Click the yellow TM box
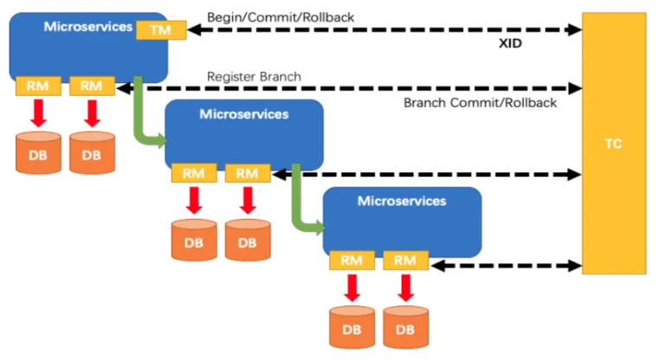(x=161, y=30)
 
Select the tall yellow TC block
(x=614, y=144)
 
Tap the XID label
(x=510, y=43)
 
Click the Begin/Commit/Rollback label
(x=280, y=17)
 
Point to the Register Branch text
(x=254, y=76)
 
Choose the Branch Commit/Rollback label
(x=479, y=103)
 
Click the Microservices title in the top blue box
(x=88, y=27)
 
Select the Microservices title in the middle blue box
(x=244, y=114)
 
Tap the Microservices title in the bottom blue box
(x=402, y=201)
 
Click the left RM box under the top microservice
(x=38, y=87)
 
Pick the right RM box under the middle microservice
(x=248, y=173)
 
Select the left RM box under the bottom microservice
(x=351, y=260)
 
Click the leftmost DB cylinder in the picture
(x=38, y=152)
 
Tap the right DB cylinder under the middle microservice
(x=248, y=240)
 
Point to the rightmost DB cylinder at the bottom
(x=405, y=327)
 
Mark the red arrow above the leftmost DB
(x=38, y=113)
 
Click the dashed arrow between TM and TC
(x=384, y=29)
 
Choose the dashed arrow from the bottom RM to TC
(x=506, y=266)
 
